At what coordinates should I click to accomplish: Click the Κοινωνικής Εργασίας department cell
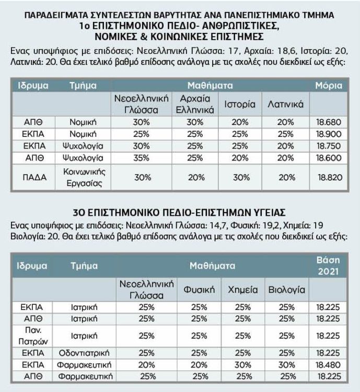click(85, 177)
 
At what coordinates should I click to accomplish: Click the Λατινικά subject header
click(286, 104)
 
